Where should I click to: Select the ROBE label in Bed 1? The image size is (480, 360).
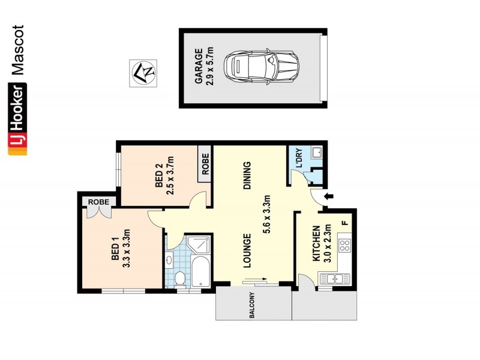(99, 202)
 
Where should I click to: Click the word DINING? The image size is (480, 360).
(247, 176)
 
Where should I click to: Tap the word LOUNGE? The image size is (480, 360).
(247, 250)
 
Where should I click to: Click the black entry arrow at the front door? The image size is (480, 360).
(328, 196)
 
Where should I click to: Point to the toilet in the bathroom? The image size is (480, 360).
(180, 278)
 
